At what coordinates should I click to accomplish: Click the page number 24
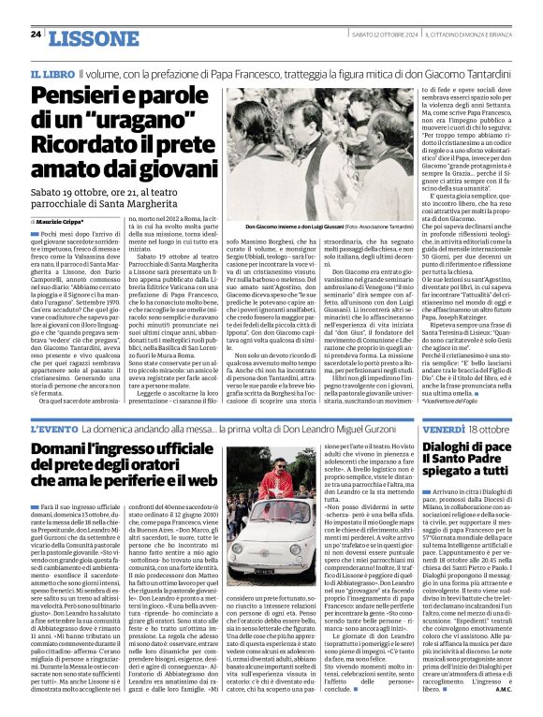point(36,34)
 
